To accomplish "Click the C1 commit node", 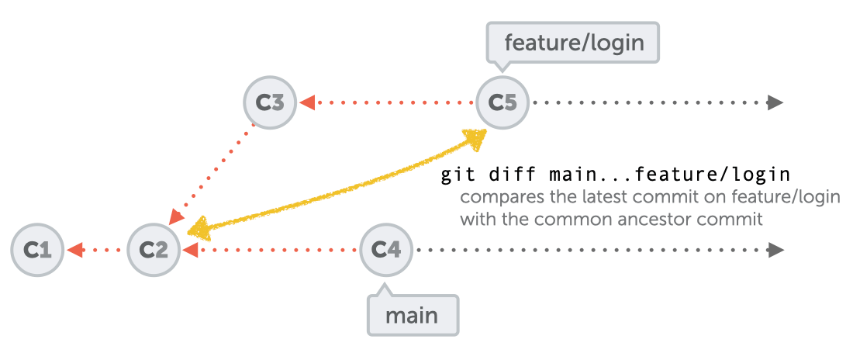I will tap(37, 250).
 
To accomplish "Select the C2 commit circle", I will tap(154, 250).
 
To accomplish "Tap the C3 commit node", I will tap(270, 102).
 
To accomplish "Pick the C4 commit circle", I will tap(386, 250).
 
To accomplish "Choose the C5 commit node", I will tap(502, 102).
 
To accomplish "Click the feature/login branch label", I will tap(573, 42).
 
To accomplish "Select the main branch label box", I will tap(412, 315).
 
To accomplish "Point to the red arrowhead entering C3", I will tap(307, 102).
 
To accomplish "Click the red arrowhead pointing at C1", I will tap(74, 250).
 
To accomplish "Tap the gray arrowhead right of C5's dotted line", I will tap(775, 102).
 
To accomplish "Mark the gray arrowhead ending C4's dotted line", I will tap(775, 250).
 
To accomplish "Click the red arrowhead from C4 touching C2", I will tap(190, 250).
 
